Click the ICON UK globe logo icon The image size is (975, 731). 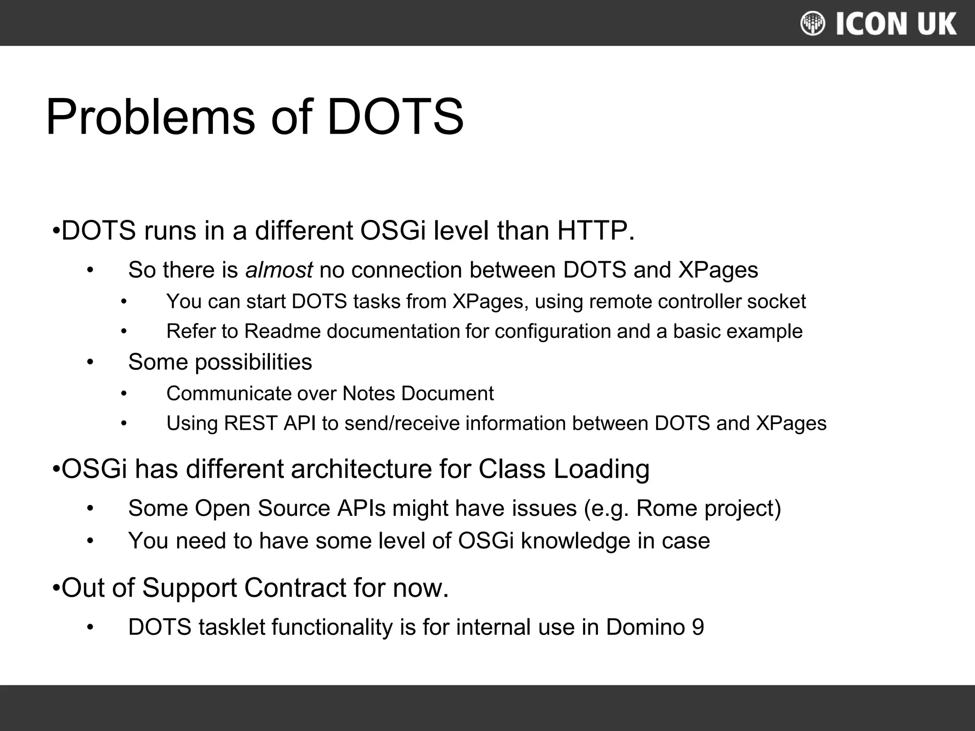pyautogui.click(x=813, y=23)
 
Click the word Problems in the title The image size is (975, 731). pyautogui.click(x=150, y=117)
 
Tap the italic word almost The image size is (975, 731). pyautogui.click(x=279, y=270)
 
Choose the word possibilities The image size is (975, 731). pyautogui.click(x=253, y=362)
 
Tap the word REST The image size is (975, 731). pyautogui.click(x=250, y=423)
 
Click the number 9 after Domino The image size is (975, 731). pyautogui.click(x=697, y=627)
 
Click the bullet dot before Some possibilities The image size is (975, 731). pyautogui.click(x=90, y=362)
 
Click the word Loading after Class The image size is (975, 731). pyautogui.click(x=601, y=469)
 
